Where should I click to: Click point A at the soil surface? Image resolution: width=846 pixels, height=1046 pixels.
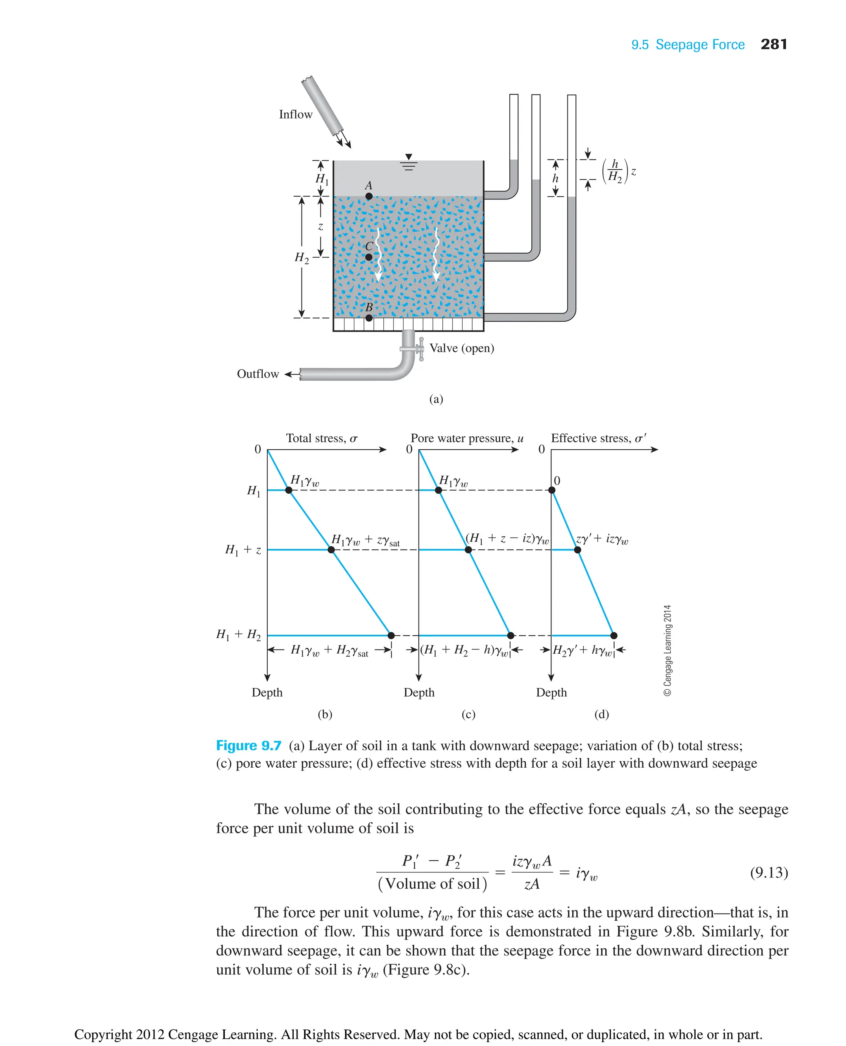[x=369, y=196]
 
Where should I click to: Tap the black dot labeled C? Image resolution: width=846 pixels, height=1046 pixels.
[x=369, y=257]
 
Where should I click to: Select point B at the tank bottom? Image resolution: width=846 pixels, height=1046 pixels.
[x=369, y=318]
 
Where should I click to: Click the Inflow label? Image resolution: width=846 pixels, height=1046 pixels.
[x=295, y=114]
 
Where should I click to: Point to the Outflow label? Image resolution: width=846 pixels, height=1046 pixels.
[x=258, y=374]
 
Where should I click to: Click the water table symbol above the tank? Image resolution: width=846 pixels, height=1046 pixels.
[x=409, y=162]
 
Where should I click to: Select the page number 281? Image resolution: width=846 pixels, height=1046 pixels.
[x=773, y=44]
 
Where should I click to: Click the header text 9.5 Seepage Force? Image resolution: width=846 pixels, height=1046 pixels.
[x=688, y=45]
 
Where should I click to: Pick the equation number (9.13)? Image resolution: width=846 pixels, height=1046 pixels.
[x=768, y=872]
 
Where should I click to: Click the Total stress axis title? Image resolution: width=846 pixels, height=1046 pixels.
[x=322, y=439]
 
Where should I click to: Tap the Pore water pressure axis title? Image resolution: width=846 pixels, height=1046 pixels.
[x=467, y=439]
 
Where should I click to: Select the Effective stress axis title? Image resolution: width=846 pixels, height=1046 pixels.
[x=599, y=439]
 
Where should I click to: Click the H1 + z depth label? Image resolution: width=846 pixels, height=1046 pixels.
[x=243, y=550]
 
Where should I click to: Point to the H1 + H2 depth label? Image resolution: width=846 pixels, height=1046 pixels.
[x=239, y=635]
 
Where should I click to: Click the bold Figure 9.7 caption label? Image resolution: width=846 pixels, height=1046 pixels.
[x=249, y=746]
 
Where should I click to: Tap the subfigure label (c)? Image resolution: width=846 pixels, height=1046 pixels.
[x=468, y=715]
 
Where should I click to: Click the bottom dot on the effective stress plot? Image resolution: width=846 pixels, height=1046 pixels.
[x=613, y=635]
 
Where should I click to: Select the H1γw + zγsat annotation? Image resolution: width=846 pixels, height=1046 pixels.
[x=366, y=540]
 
